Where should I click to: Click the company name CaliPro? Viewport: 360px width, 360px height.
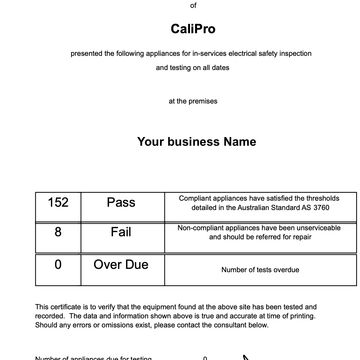pos(180,31)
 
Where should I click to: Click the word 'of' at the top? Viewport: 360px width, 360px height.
pos(180,4)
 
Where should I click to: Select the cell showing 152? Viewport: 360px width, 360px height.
pos(58,202)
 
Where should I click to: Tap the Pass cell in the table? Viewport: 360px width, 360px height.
pos(121,202)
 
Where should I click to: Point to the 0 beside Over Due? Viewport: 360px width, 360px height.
pos(58,265)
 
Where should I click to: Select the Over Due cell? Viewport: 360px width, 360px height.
pos(121,265)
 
